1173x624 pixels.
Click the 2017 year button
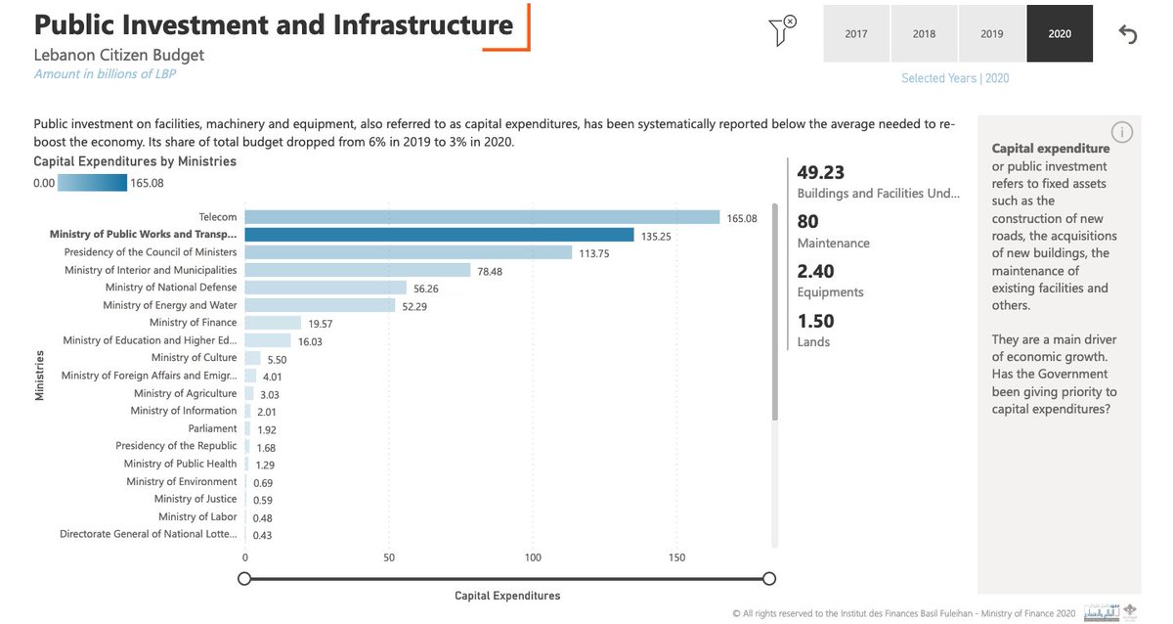pos(856,33)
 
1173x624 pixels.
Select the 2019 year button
pos(992,33)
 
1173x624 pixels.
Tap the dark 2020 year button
pos(1060,33)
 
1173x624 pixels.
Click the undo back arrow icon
pos(1128,34)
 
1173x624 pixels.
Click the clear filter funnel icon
pos(782,30)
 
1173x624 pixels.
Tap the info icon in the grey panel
pos(1122,132)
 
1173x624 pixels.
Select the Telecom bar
pos(482,217)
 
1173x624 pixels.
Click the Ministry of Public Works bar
pos(439,235)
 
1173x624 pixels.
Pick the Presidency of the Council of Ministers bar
pos(408,252)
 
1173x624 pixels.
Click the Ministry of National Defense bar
pos(326,288)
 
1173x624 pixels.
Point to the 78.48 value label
pos(491,271)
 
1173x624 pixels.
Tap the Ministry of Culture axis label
pos(194,358)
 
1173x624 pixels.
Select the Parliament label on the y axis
pos(212,428)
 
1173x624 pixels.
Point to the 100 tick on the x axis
pos(533,557)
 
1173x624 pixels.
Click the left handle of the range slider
pos(244,579)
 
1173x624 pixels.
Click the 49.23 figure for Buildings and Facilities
pos(821,172)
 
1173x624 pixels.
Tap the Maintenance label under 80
pos(833,244)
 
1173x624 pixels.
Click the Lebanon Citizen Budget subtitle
pos(119,55)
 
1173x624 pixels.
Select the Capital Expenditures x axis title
pos(507,596)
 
